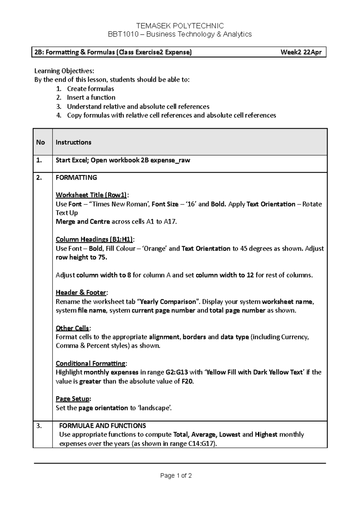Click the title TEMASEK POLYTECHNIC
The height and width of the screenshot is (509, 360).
180,26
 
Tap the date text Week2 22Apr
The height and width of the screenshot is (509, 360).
301,52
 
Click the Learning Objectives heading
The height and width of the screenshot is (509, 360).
64,71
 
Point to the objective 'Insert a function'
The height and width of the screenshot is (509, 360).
91,97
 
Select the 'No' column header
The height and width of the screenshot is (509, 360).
40,142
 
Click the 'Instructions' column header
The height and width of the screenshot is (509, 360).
73,142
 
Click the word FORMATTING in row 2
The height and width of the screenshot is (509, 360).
76,177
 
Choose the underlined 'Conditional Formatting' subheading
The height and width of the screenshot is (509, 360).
91,364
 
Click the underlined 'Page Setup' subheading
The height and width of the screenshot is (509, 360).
73,399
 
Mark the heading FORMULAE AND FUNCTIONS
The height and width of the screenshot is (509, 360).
103,426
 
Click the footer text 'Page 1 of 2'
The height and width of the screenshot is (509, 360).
176,476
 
